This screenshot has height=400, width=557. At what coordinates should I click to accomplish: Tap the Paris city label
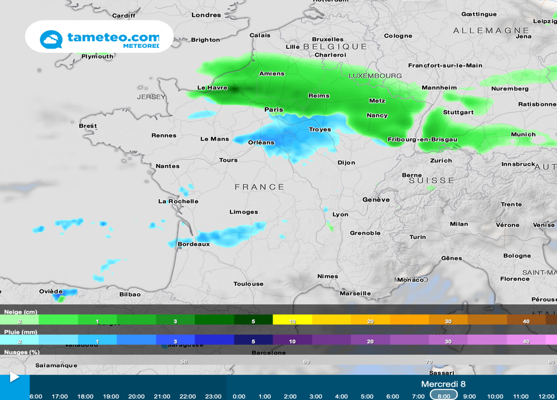click(274, 110)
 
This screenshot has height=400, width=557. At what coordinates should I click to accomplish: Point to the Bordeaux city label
click(194, 245)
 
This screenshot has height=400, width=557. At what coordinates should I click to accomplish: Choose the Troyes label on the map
click(319, 129)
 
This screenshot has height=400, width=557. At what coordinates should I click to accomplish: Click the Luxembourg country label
click(375, 76)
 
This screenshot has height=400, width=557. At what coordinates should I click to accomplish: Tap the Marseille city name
click(355, 293)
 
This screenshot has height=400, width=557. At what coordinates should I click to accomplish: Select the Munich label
click(523, 135)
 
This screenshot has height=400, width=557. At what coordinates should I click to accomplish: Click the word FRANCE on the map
click(259, 187)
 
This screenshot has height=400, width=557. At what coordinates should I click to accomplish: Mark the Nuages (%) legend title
click(22, 352)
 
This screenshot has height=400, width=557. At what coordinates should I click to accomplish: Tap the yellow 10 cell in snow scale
click(292, 321)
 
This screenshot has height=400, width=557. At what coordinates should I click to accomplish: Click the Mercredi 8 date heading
click(443, 384)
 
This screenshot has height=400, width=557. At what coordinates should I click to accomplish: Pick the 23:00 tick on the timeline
click(213, 396)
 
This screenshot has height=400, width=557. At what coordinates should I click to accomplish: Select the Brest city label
click(88, 126)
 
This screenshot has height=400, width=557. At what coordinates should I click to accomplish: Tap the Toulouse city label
click(248, 284)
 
